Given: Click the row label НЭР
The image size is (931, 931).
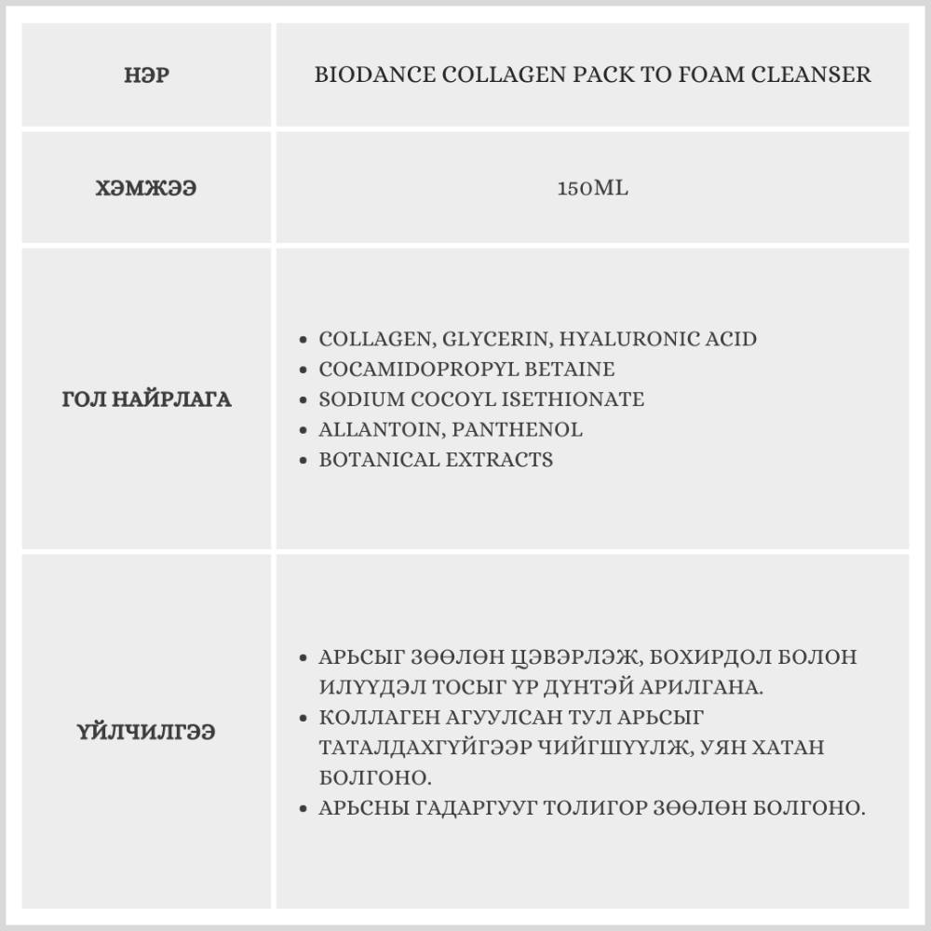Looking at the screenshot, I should [x=146, y=75].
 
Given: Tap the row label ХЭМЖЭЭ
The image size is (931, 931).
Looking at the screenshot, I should [x=146, y=188].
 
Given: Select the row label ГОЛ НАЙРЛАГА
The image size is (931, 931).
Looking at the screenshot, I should [x=146, y=399].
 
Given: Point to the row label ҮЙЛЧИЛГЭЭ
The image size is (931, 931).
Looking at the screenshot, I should [x=146, y=732].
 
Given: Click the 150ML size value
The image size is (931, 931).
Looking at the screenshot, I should [x=592, y=188].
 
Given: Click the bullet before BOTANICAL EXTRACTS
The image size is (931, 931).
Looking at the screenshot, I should [x=304, y=461].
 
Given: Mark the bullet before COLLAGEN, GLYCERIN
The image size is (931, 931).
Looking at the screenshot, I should [x=304, y=340].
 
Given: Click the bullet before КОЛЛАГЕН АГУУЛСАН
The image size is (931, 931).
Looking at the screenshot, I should [x=304, y=718].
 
